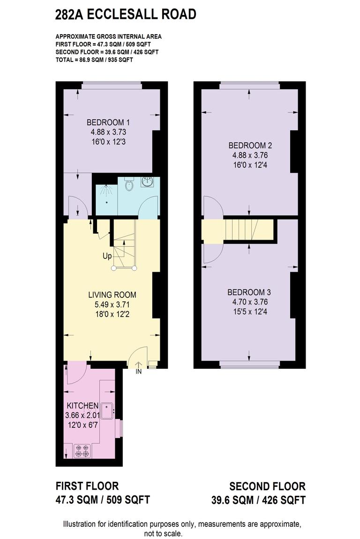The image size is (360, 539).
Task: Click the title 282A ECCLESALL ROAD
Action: [x=125, y=15]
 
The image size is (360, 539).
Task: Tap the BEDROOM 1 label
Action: [x=108, y=123]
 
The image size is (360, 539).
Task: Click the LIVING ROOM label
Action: [x=112, y=295]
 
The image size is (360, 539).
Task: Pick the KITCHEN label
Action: [x=82, y=406]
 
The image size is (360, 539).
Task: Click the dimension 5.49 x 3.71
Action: [x=112, y=304]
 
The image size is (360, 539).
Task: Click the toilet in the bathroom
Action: [x=130, y=185]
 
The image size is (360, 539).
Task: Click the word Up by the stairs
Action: [x=107, y=257]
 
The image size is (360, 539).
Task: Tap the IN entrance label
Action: [x=139, y=372]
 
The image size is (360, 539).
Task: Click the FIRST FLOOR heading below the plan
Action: [x=87, y=486]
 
